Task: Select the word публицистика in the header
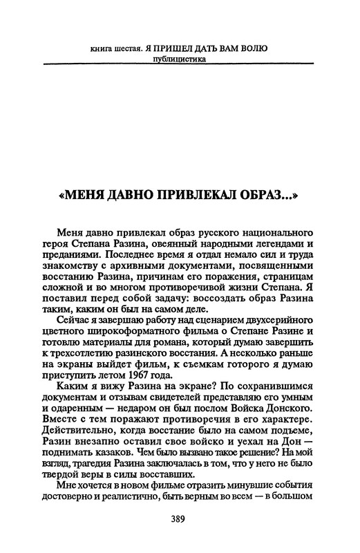(x=181, y=58)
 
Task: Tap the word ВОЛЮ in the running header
(x=254, y=48)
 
